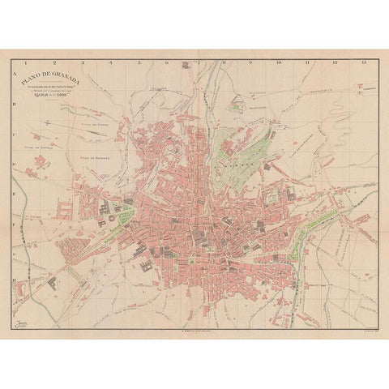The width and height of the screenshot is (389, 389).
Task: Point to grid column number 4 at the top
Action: pos(112,62)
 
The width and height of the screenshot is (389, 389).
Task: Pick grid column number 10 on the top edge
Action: pos(278,62)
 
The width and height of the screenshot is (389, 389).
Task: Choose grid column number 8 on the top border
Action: pos(224,62)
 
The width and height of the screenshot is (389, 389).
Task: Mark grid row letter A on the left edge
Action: pos(16,72)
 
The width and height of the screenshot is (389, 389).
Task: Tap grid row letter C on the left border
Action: pos(16,135)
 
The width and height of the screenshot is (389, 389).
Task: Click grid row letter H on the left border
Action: pos(16,279)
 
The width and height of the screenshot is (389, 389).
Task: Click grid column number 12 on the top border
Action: pos(335,62)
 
